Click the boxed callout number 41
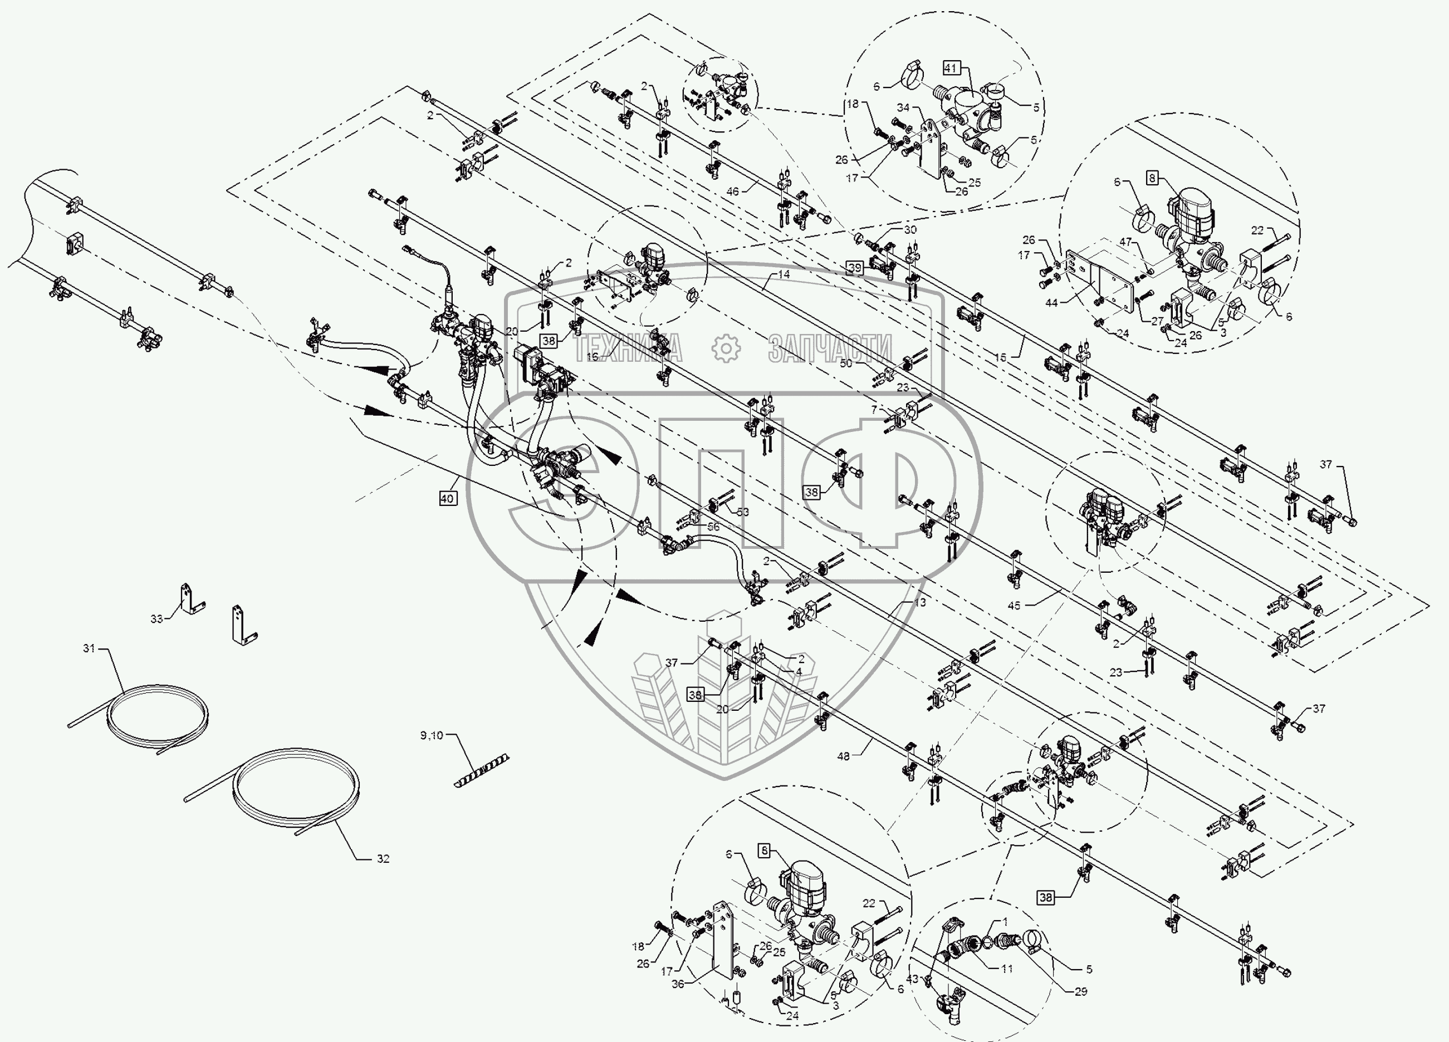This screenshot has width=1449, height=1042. click(x=951, y=68)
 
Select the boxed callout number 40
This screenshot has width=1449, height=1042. click(x=447, y=498)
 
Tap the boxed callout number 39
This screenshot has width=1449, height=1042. click(x=855, y=268)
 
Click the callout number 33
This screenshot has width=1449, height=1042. click(x=156, y=618)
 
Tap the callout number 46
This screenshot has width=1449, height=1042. click(x=732, y=191)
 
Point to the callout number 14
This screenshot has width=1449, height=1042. click(x=784, y=274)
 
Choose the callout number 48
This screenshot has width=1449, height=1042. click(x=843, y=756)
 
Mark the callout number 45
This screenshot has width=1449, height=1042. click(x=1014, y=605)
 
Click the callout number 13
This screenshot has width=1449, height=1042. click(x=920, y=602)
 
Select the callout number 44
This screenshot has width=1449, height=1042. click(x=1051, y=303)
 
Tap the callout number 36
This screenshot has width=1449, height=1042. click(x=678, y=984)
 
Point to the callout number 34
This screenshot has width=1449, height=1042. click(x=903, y=107)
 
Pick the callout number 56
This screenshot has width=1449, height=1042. click(x=713, y=527)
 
